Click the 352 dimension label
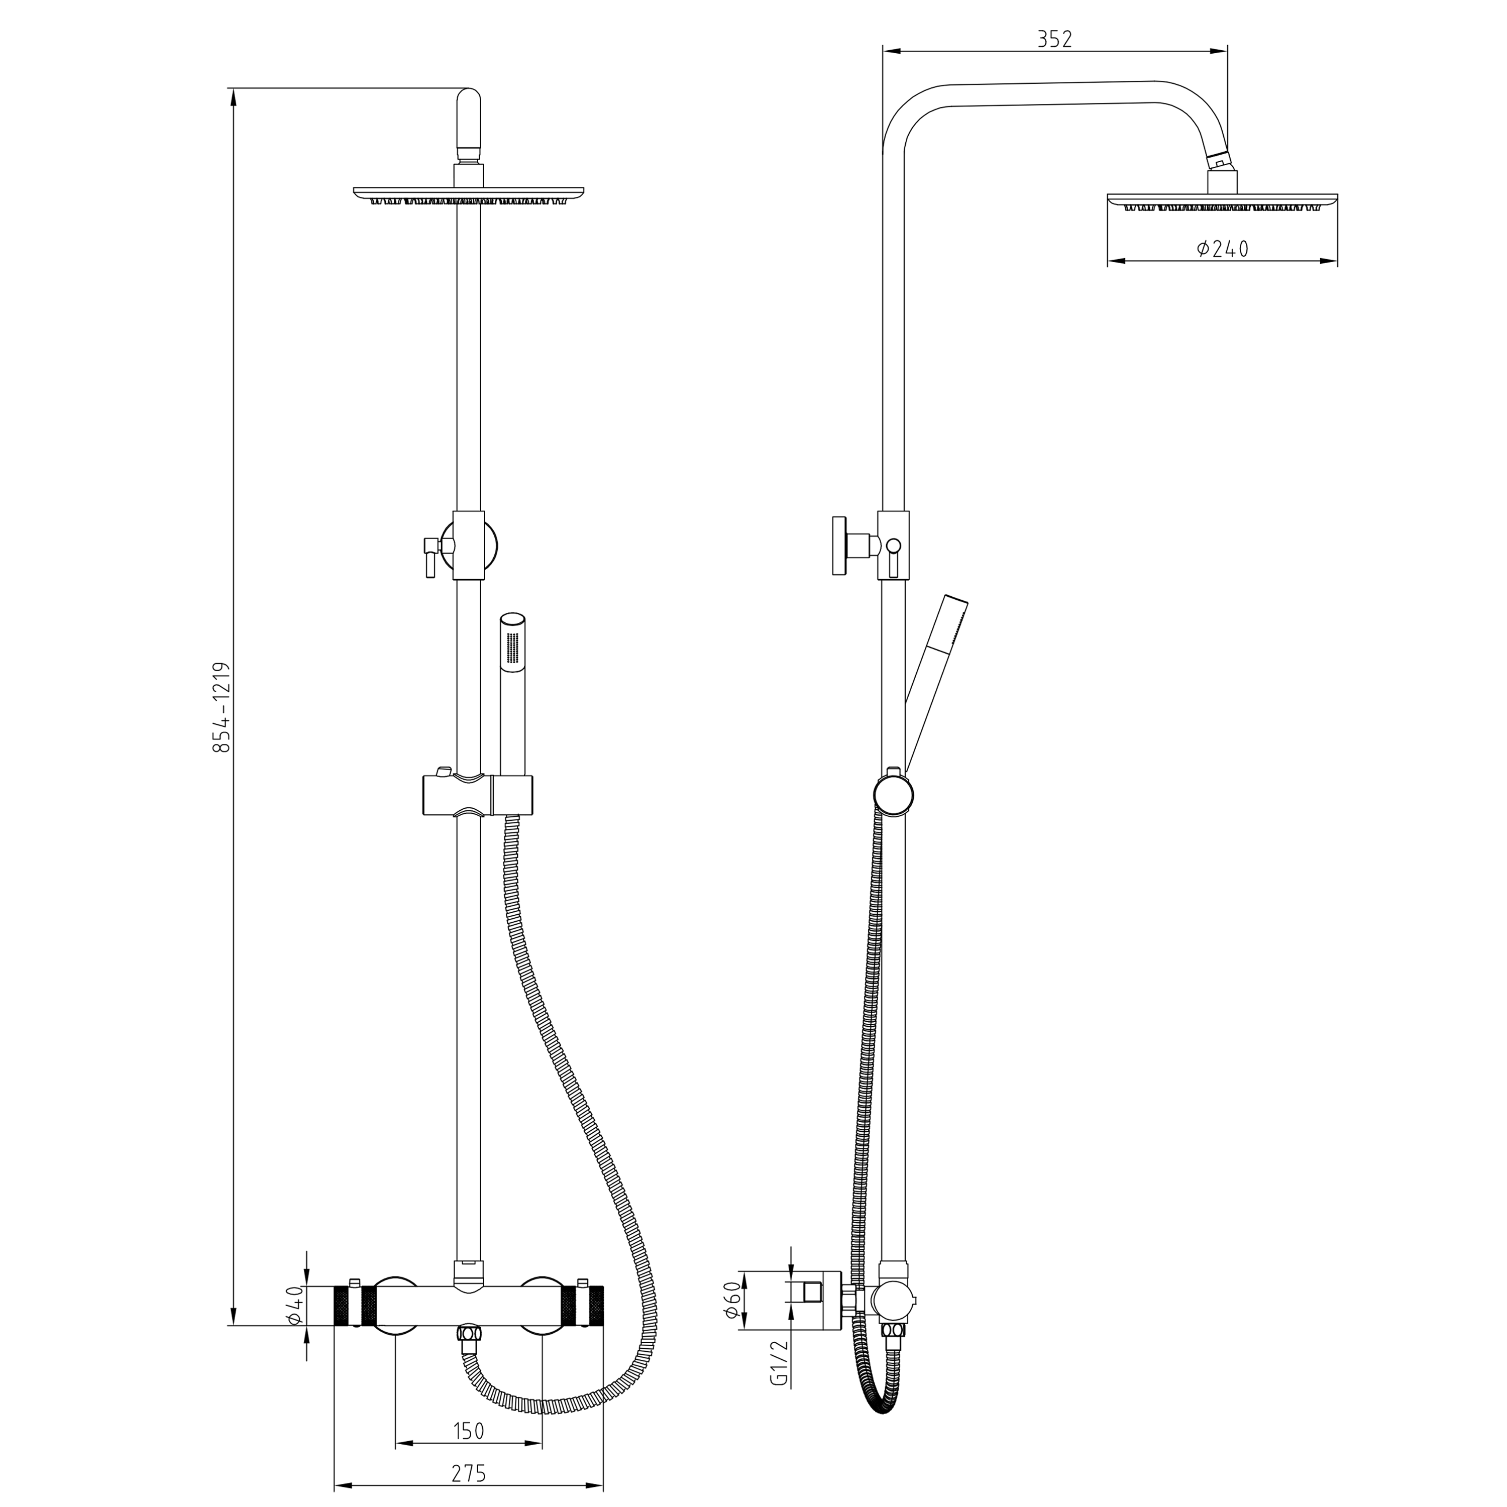[1054, 40]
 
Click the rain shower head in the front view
[468, 195]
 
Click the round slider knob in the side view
[893, 794]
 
